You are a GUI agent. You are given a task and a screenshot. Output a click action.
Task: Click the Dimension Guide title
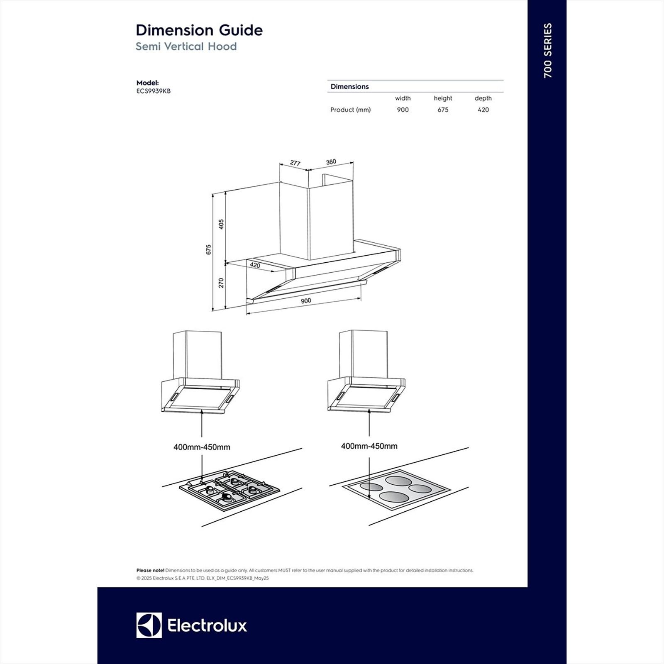(199, 30)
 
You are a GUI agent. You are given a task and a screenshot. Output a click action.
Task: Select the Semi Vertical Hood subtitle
(186, 46)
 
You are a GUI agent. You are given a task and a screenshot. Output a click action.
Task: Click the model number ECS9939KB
(153, 91)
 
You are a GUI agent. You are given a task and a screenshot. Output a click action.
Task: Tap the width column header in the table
(403, 98)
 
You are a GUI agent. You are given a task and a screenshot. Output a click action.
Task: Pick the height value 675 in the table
(443, 110)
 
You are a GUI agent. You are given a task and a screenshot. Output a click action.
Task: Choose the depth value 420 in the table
(483, 110)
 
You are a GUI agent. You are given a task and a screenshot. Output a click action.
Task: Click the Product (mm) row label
(350, 110)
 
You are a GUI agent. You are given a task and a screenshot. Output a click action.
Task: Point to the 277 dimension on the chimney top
(295, 163)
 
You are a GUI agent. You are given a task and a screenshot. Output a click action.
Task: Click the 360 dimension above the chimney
(331, 162)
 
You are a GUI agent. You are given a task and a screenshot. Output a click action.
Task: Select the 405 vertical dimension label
(221, 224)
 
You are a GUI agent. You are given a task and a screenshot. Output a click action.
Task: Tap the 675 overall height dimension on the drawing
(209, 249)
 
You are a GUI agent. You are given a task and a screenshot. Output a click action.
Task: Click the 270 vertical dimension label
(221, 283)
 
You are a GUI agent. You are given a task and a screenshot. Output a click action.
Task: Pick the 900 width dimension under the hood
(306, 301)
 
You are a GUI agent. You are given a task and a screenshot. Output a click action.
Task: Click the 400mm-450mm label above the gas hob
(202, 447)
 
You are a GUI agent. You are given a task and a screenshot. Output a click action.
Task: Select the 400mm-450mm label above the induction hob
(369, 446)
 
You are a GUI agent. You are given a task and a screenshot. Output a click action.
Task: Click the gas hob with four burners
(229, 490)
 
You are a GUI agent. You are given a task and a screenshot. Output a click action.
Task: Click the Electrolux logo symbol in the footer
(149, 625)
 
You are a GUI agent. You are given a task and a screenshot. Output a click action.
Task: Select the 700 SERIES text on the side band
(548, 50)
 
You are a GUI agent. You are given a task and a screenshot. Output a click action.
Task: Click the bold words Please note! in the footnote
(150, 571)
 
